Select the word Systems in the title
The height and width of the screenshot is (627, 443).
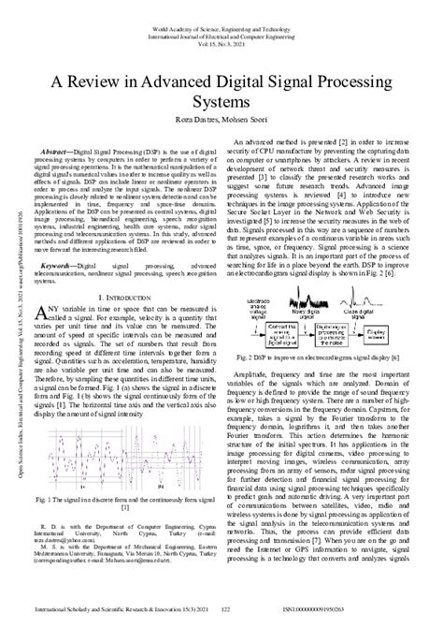[221, 101]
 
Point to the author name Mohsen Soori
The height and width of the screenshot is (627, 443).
[251, 120]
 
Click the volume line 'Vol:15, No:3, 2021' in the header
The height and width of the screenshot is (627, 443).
[221, 23]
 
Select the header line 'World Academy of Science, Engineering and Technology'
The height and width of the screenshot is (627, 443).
[221, 7]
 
